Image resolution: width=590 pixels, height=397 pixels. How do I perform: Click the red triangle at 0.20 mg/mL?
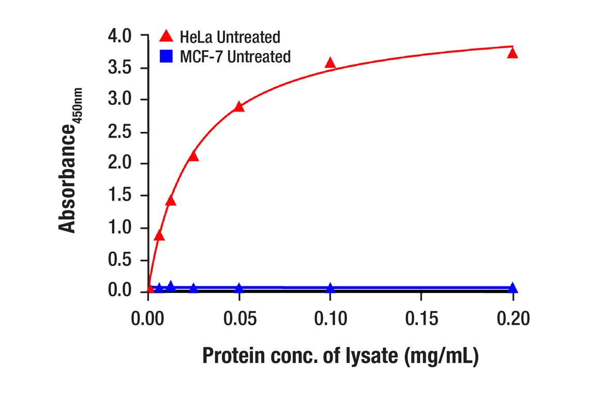(512, 53)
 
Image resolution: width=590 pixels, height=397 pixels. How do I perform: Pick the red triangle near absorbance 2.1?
(193, 156)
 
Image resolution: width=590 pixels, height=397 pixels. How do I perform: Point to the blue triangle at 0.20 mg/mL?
(512, 288)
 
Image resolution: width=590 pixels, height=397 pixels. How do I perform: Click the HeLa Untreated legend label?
(230, 37)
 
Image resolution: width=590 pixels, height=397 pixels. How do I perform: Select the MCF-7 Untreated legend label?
(235, 56)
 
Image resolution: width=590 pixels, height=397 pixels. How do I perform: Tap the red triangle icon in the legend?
(167, 36)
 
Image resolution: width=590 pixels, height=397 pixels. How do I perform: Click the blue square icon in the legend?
(167, 55)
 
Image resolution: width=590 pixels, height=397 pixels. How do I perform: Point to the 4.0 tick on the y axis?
(120, 36)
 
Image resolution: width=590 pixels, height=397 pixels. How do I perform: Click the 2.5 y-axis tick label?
(120, 132)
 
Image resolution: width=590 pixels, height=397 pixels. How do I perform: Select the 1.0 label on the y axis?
(120, 228)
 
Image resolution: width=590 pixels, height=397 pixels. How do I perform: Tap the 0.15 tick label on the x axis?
(421, 319)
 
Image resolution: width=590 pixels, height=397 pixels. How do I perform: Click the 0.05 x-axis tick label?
(239, 319)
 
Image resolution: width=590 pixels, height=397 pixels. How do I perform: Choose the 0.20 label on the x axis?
(512, 319)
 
